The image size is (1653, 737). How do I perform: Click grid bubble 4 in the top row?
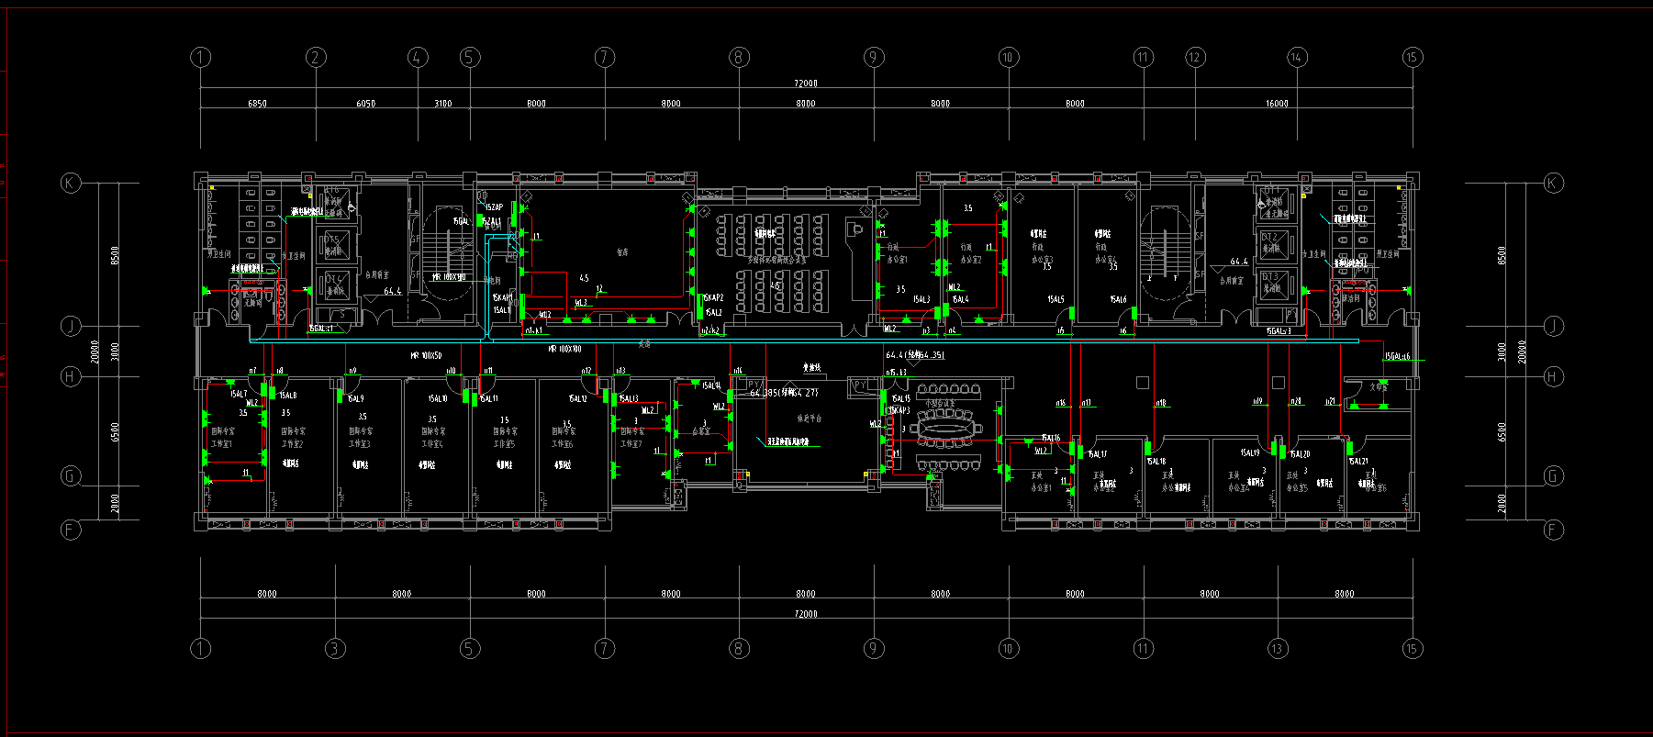[418, 58]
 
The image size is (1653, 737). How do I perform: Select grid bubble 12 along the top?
[1194, 58]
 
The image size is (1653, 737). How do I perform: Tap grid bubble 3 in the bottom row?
[335, 649]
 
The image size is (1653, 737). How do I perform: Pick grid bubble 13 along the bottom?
[1278, 649]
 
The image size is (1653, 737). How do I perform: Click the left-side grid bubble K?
[71, 183]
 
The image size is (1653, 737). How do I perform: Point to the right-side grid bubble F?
[1553, 530]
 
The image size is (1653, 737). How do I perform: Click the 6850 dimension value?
[257, 104]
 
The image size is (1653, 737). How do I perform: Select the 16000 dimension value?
[1277, 104]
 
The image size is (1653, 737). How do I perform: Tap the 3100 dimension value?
[442, 104]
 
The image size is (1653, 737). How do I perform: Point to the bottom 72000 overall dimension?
[805, 614]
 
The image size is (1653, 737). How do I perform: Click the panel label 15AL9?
[354, 399]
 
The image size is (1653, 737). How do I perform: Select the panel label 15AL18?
[1156, 462]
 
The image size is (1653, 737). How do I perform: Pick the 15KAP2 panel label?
[712, 298]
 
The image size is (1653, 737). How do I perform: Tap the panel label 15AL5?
[1055, 299]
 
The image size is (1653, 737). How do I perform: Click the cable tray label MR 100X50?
[425, 355]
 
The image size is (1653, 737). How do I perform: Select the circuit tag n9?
[352, 372]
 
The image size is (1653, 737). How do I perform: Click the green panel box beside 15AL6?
[1134, 314]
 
